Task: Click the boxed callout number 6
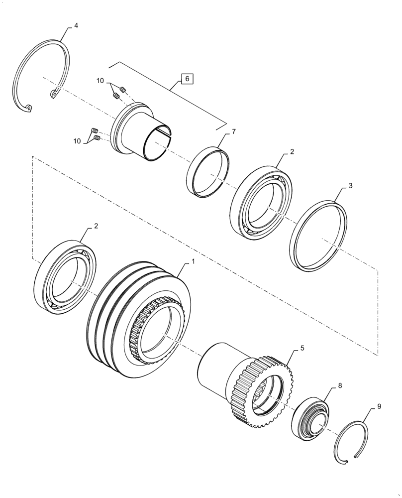[x=187, y=79]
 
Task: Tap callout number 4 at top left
[x=76, y=25]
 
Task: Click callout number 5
[x=302, y=349]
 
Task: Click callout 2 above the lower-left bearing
[x=96, y=226]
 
